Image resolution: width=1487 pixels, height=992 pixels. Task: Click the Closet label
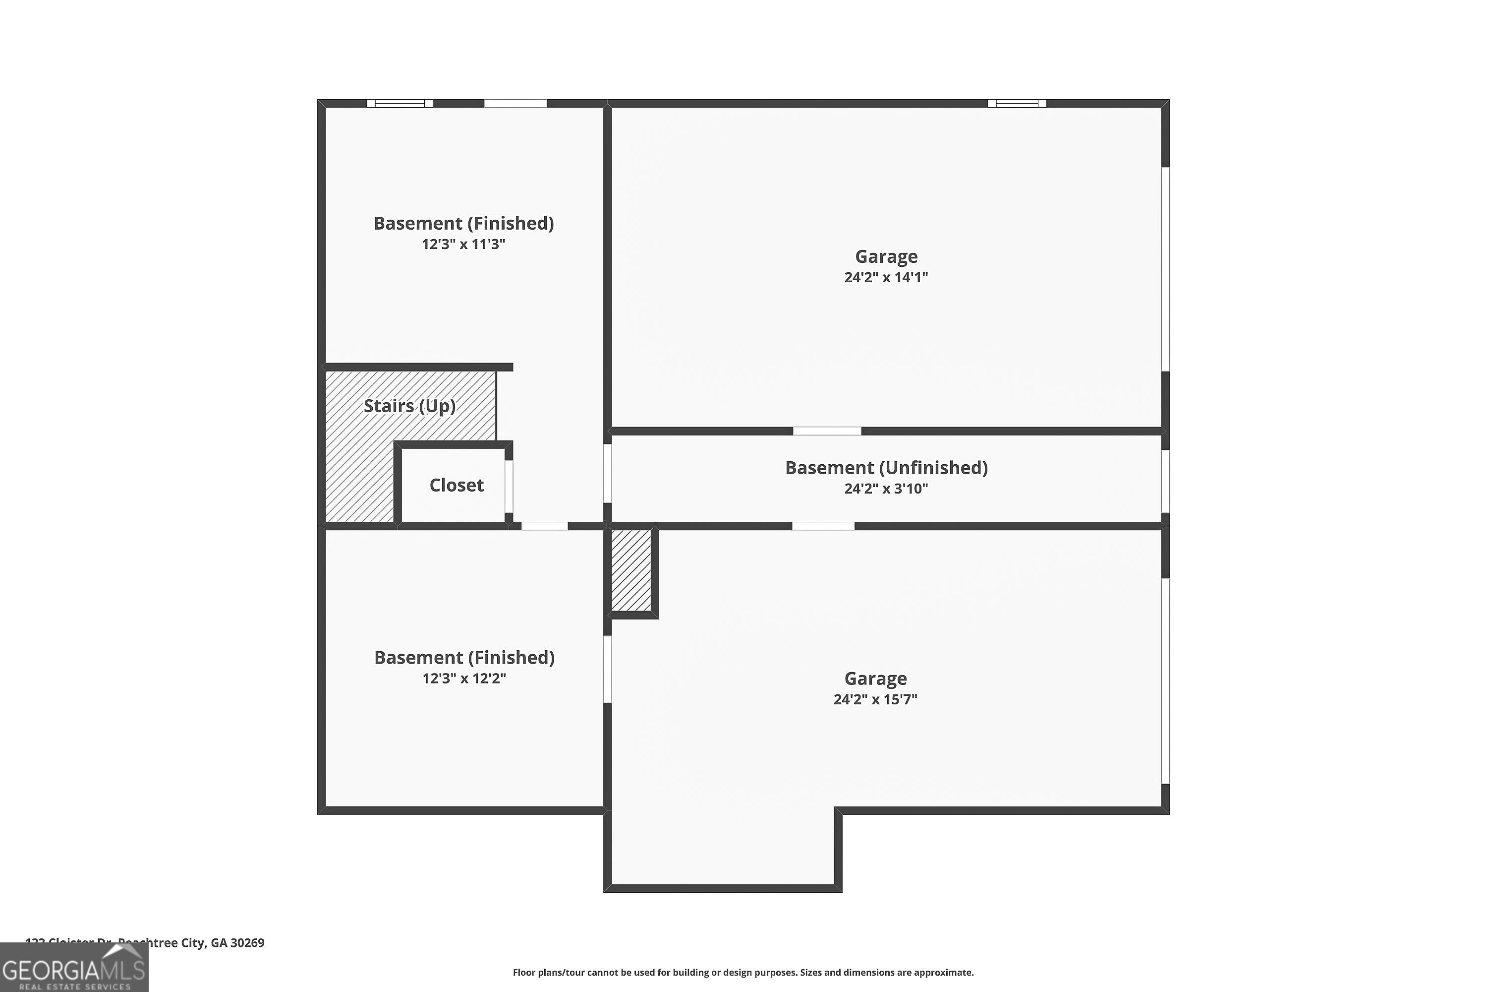[456, 485]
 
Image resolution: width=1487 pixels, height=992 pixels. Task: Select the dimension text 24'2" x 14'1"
[886, 277]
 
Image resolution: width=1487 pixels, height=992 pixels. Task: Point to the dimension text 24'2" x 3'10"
[886, 489]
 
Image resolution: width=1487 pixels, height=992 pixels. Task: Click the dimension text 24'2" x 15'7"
[875, 699]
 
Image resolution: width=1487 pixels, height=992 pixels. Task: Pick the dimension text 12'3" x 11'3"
[463, 244]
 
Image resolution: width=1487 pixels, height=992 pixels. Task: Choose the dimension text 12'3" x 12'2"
[464, 678]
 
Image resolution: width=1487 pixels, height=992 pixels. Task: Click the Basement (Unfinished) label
[886, 468]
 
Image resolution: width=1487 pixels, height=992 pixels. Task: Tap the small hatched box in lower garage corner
[631, 570]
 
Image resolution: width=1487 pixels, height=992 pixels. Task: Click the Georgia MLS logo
[74, 968]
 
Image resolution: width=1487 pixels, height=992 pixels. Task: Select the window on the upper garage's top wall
[1017, 104]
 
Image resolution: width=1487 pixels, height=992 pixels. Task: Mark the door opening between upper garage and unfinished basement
[827, 431]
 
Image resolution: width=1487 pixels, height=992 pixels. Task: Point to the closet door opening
[509, 486]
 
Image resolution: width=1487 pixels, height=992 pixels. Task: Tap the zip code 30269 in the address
[247, 943]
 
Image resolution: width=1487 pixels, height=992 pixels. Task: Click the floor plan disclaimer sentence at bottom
[743, 972]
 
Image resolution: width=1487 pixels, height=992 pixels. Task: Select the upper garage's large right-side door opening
[1165, 269]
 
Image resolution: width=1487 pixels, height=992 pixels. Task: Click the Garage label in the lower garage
[875, 678]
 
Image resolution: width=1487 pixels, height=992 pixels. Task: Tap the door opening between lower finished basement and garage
[607, 669]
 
